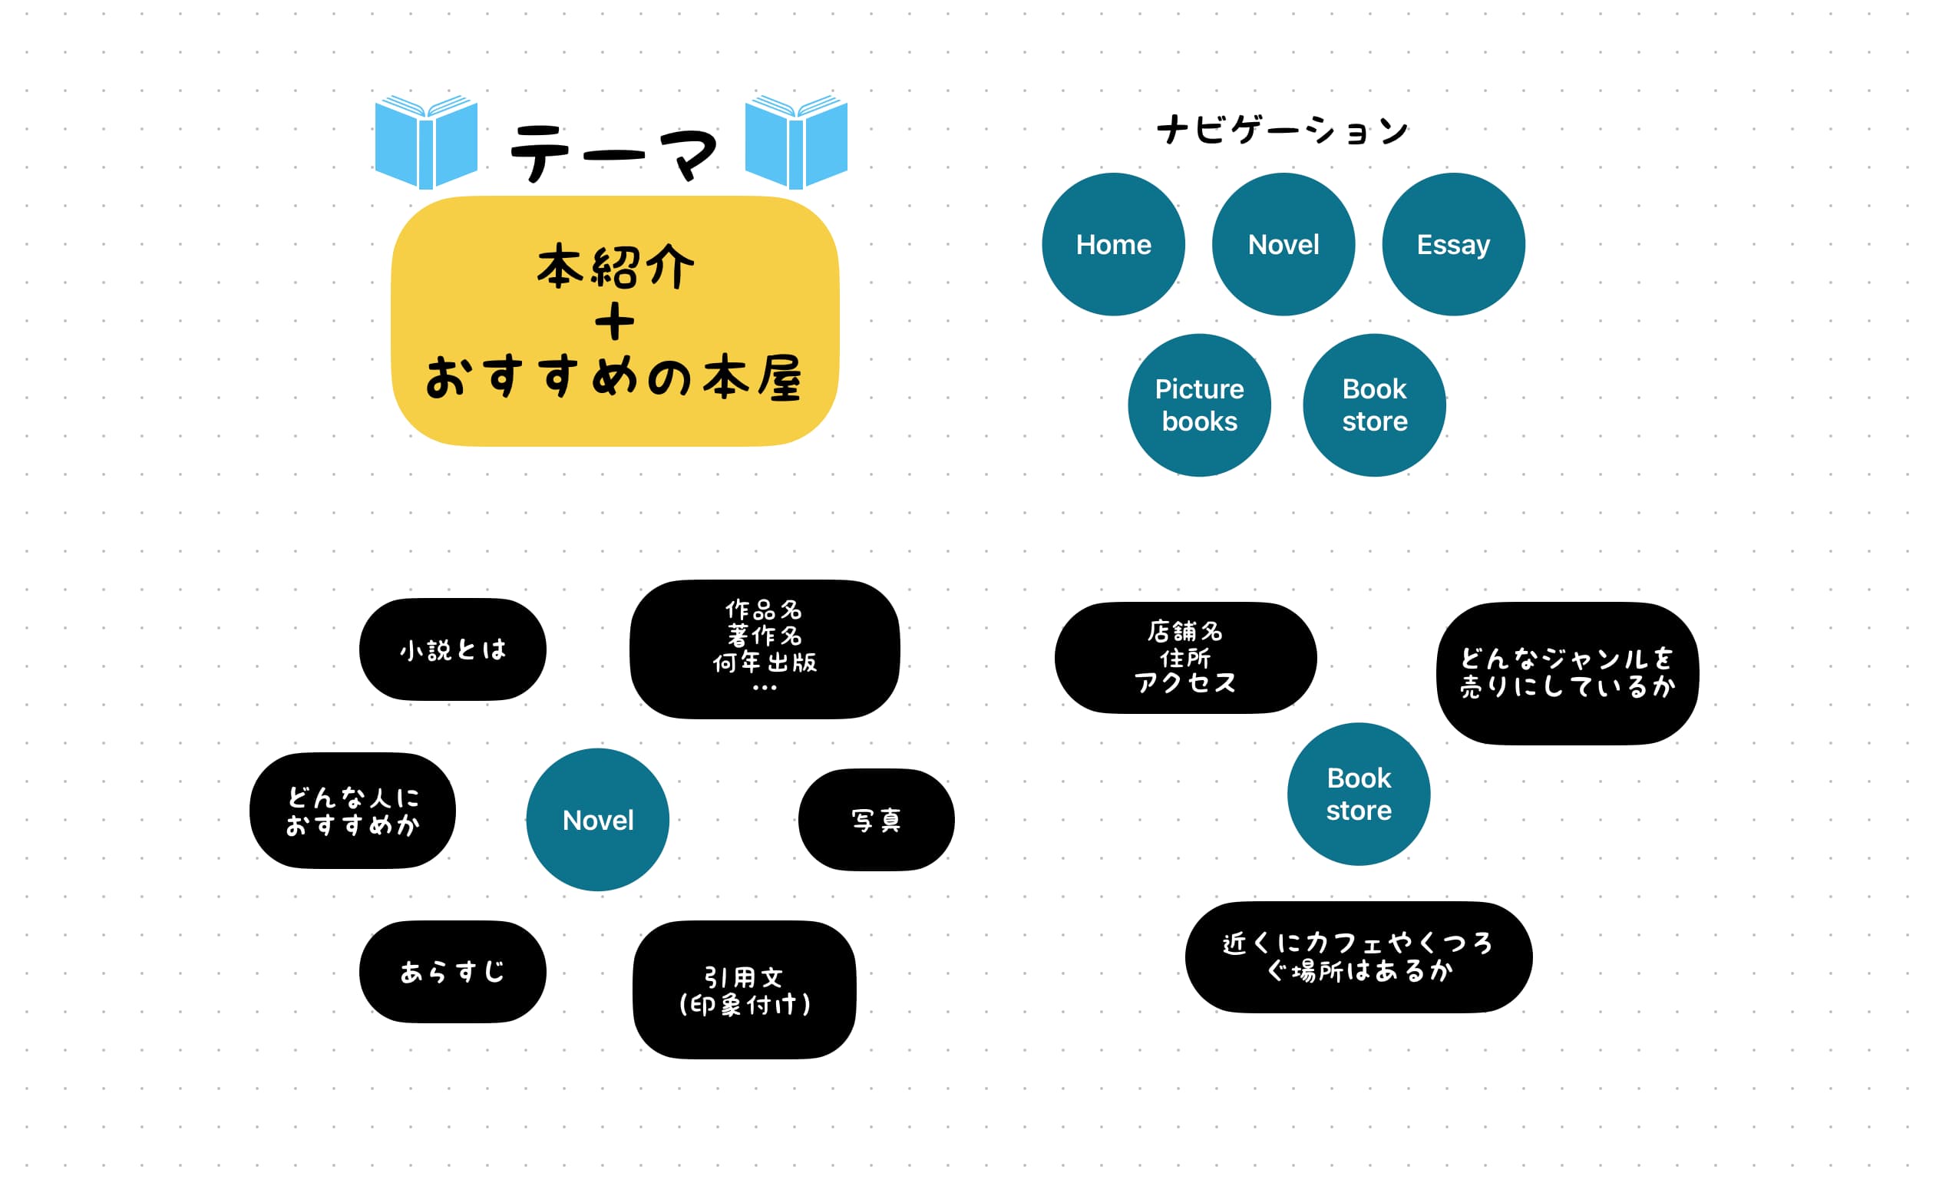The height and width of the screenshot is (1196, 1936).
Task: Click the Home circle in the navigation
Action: pyautogui.click(x=1113, y=244)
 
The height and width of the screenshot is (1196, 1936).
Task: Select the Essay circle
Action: pyautogui.click(x=1453, y=244)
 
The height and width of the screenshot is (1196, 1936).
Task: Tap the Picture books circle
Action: pyautogui.click(x=1199, y=405)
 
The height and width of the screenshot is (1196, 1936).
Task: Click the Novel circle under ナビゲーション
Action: pyautogui.click(x=1283, y=244)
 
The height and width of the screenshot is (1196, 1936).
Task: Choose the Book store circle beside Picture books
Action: pyautogui.click(x=1374, y=405)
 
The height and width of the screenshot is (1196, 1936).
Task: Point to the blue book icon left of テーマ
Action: pyautogui.click(x=425, y=142)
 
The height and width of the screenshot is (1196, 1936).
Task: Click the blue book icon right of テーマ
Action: pyautogui.click(x=795, y=142)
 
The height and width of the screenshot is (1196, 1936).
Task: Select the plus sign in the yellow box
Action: pyautogui.click(x=614, y=322)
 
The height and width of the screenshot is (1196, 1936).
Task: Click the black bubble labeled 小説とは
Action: pyautogui.click(x=452, y=649)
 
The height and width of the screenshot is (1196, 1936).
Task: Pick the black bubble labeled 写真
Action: pyautogui.click(x=875, y=821)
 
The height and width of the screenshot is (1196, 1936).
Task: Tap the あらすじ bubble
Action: pyautogui.click(x=452, y=971)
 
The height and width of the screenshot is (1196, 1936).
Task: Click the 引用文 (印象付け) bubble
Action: pyautogui.click(x=744, y=990)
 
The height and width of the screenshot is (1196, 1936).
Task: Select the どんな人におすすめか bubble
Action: pyautogui.click(x=352, y=811)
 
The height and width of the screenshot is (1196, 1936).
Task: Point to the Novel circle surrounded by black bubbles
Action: pyautogui.click(x=597, y=821)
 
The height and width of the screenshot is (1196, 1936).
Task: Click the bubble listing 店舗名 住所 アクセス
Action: pyautogui.click(x=1184, y=657)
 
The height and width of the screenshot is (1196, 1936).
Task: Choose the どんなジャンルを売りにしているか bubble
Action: pyautogui.click(x=1567, y=673)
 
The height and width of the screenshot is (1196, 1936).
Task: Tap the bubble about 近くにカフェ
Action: pyautogui.click(x=1358, y=957)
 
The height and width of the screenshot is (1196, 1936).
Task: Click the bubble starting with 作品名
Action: pyautogui.click(x=764, y=649)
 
